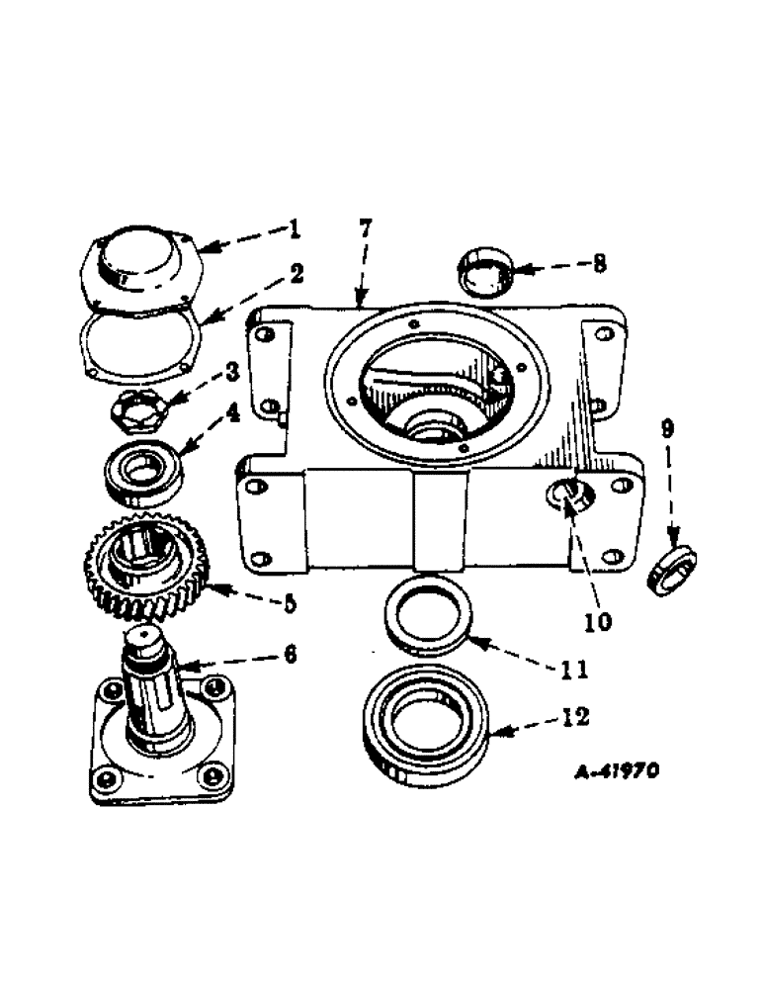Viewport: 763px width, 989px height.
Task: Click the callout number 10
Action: pos(597,622)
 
